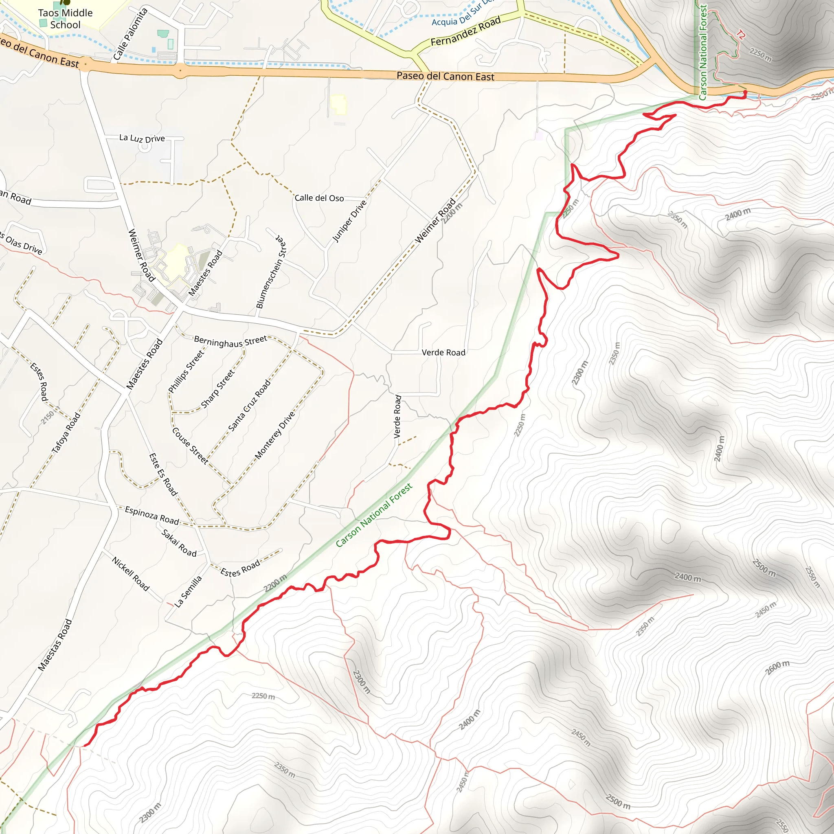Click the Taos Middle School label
[x=65, y=19]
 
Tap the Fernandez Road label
[x=465, y=31]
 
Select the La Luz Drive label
[x=142, y=138]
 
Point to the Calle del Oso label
[x=319, y=198]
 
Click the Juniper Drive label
[x=349, y=221]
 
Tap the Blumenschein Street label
[x=271, y=272]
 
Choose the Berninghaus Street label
[x=230, y=341]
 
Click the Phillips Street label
[x=186, y=372]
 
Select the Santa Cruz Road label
[x=250, y=405]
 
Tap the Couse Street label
[x=190, y=446]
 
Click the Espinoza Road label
[x=152, y=516]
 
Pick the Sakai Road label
[x=179, y=542]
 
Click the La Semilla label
[x=188, y=591]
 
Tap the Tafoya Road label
[x=66, y=433]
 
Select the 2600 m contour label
[x=777, y=667]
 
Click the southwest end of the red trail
[x=85, y=746]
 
